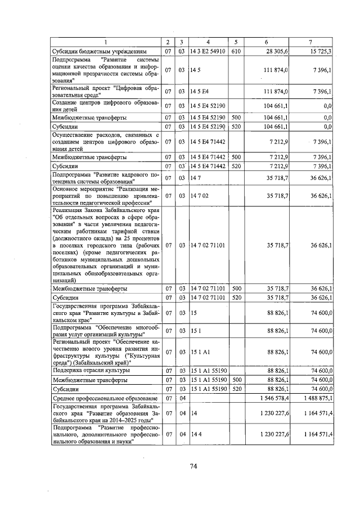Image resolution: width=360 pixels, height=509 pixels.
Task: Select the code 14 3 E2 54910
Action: (x=208, y=51)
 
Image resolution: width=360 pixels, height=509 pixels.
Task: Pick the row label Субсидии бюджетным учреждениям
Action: (x=92, y=51)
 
